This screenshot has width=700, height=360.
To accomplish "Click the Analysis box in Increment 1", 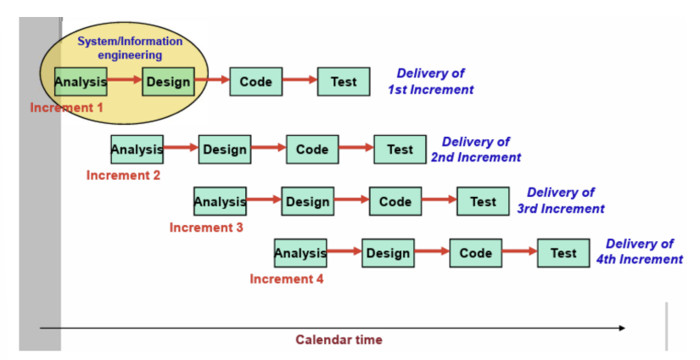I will [x=81, y=82].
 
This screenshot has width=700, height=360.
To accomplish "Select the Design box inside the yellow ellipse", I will [x=168, y=82].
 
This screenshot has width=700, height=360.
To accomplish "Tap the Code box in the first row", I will [x=255, y=82].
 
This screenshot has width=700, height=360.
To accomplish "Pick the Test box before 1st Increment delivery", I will [x=344, y=82].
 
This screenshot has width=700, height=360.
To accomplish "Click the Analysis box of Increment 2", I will [x=137, y=149].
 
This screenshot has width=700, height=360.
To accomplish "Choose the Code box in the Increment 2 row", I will [x=312, y=149].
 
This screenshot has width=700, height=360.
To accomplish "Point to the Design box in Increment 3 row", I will [x=307, y=201].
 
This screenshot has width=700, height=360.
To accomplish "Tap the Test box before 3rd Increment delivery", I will [x=483, y=201].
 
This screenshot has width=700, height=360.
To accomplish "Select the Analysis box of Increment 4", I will [x=300, y=253].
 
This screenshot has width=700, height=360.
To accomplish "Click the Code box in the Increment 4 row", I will [x=475, y=253].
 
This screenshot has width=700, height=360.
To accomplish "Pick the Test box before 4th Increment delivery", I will [x=563, y=253].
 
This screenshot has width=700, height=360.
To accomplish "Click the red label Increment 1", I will [x=66, y=108].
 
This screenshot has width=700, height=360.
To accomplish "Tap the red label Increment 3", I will [x=206, y=228].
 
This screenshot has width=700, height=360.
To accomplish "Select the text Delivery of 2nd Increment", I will [x=476, y=149].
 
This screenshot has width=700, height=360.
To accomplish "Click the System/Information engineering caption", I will [x=130, y=48].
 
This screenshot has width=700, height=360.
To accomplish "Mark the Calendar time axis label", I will [x=339, y=340].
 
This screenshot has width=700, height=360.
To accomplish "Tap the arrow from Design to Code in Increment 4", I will [x=430, y=252].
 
